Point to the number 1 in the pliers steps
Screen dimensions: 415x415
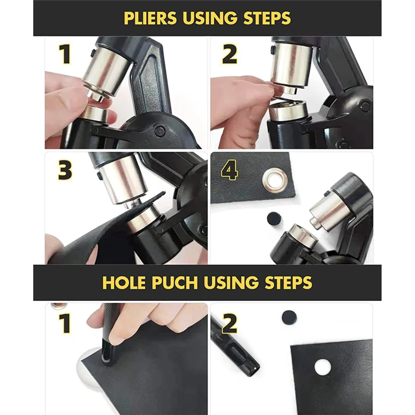(64, 54)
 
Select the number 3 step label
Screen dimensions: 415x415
(65, 170)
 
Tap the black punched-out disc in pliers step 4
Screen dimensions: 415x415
(273, 218)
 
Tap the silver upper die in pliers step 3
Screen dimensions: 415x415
(120, 179)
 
